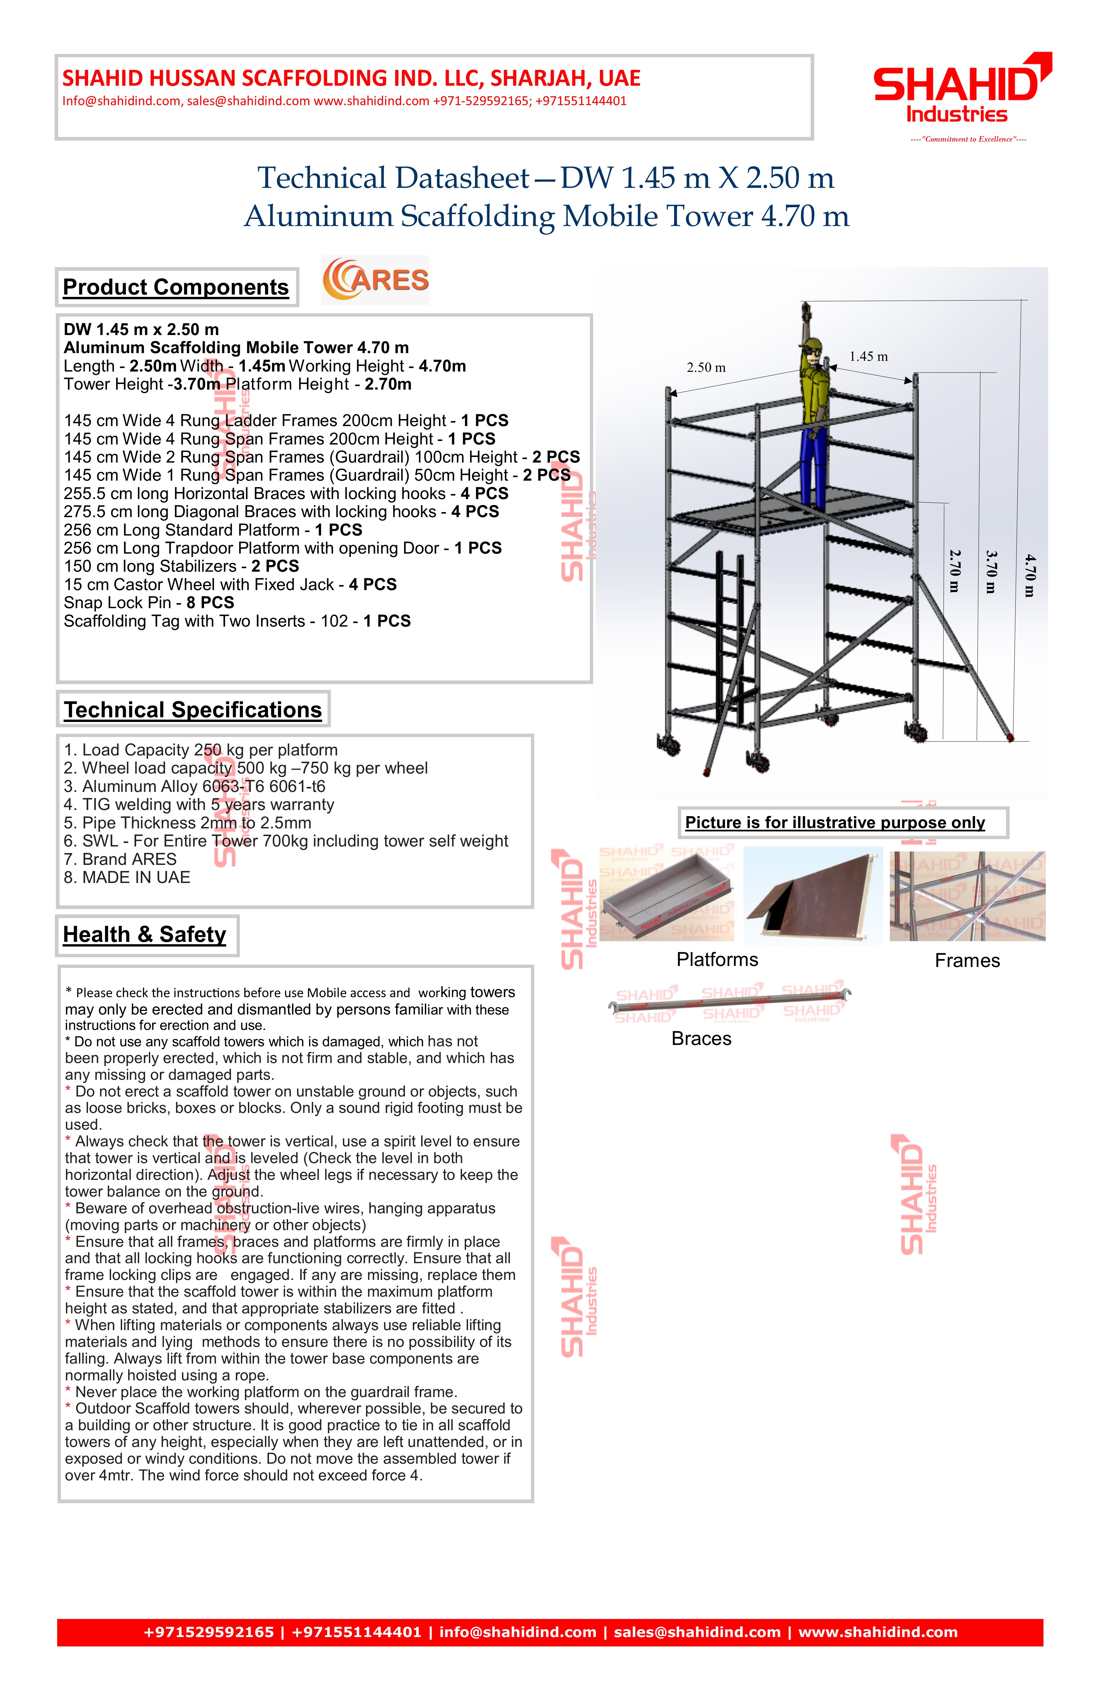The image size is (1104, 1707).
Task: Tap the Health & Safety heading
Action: click(145, 934)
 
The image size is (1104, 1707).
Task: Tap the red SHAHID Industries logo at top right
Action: click(960, 90)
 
